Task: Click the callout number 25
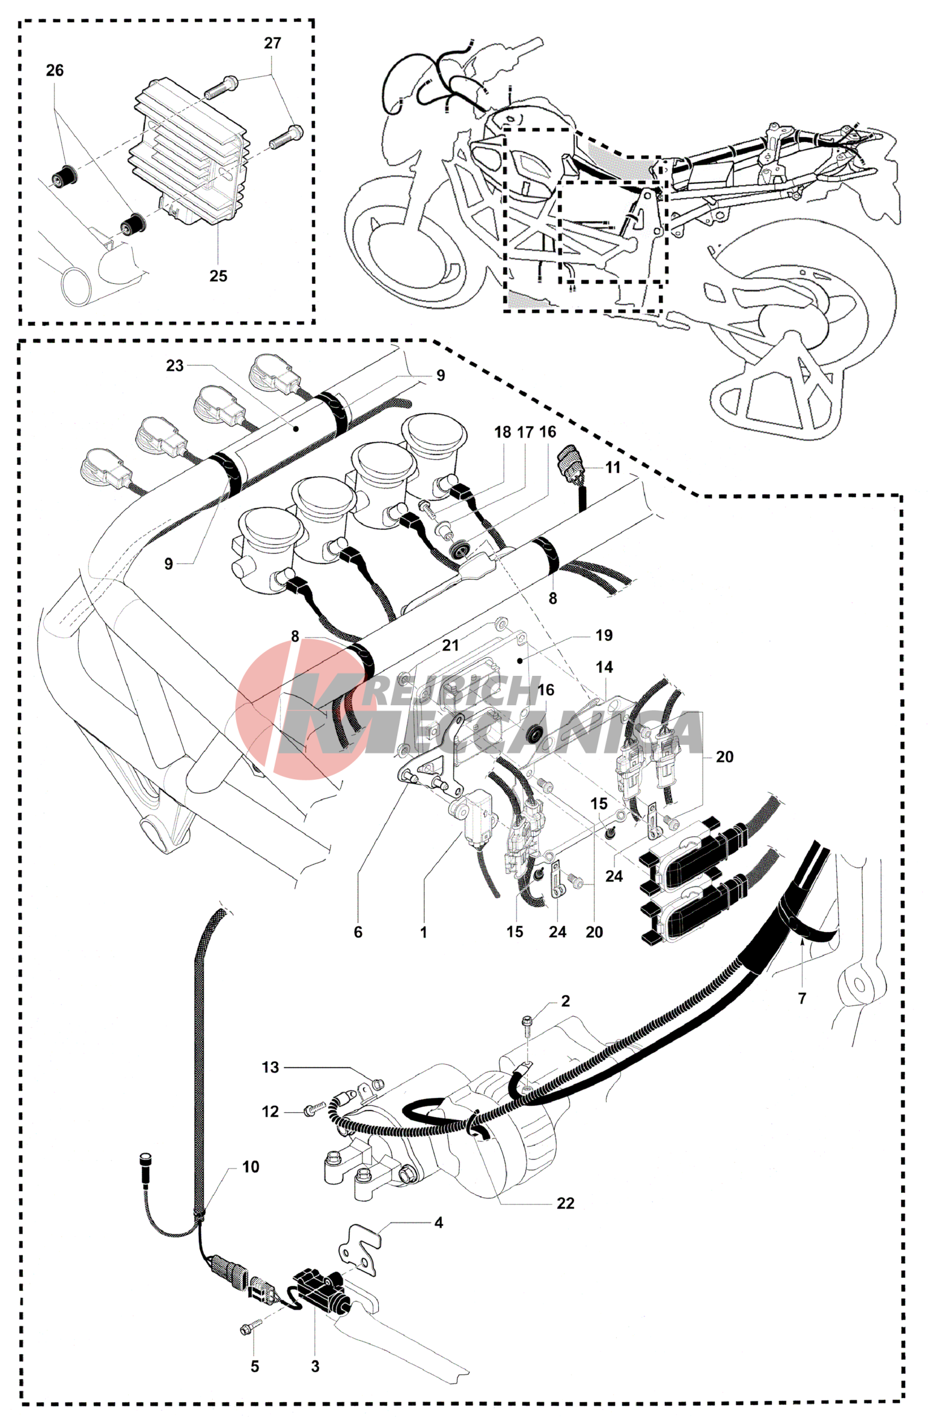coord(218,276)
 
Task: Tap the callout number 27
coord(272,43)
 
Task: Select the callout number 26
coord(55,70)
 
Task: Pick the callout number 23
coord(175,366)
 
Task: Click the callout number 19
coord(604,636)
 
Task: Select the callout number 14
coord(604,667)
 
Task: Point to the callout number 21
coord(450,646)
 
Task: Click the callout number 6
coord(358,933)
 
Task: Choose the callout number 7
coord(802,998)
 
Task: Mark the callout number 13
coord(271,1067)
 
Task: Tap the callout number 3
coord(315,1366)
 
